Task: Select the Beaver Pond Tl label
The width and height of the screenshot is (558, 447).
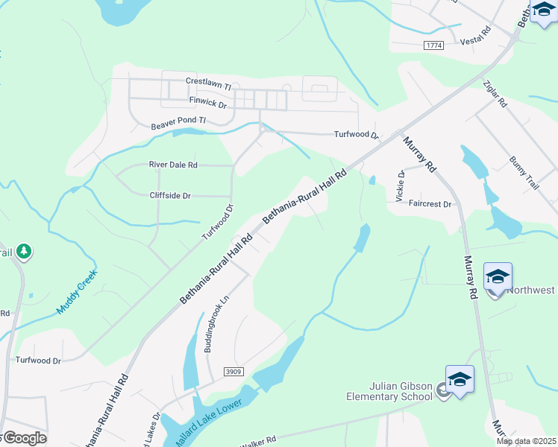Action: coord(178,120)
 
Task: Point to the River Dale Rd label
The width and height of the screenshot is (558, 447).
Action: coord(173,165)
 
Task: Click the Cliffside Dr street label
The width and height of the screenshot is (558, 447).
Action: coord(170,196)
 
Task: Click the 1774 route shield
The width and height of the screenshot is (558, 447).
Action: coord(433,46)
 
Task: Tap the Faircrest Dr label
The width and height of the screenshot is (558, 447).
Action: coord(430,204)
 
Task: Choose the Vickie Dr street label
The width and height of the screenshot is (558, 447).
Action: coord(401,186)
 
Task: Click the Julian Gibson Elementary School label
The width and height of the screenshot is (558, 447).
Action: coord(401,391)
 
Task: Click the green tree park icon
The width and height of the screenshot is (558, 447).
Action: coord(25,251)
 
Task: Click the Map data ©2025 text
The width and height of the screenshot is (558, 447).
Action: coord(526,441)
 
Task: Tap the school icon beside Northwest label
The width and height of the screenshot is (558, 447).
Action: coord(497,278)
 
